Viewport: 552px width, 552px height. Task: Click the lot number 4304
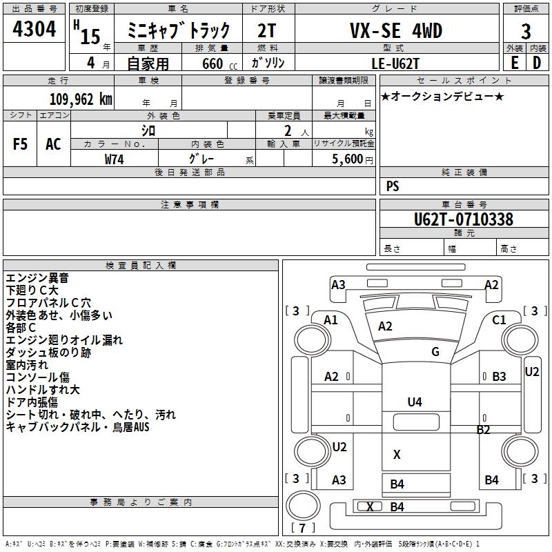tap(34, 30)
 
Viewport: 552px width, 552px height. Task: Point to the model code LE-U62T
tap(394, 62)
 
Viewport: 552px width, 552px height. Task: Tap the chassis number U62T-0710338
tap(464, 219)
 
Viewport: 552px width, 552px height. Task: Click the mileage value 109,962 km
tap(81, 99)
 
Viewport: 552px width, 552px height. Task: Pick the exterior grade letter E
tap(514, 62)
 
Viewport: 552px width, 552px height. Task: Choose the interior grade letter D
tap(537, 62)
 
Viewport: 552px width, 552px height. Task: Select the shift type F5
tap(21, 144)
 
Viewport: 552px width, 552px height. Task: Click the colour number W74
tap(115, 159)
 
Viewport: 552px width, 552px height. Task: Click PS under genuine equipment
tap(393, 186)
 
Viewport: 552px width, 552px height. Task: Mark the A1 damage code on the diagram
tap(331, 319)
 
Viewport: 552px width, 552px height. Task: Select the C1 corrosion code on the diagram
tap(499, 319)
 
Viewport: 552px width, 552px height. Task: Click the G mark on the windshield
tap(435, 352)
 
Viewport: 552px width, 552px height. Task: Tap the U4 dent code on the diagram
tap(415, 402)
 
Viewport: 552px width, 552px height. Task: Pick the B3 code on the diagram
tap(499, 376)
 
